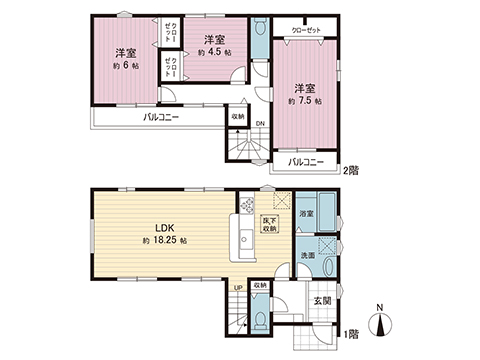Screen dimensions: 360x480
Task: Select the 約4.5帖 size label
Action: click(x=215, y=50)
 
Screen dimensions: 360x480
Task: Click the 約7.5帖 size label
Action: click(x=303, y=101)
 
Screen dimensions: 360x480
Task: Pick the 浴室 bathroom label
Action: click(x=306, y=214)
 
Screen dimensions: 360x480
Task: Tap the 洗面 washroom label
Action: click(x=308, y=255)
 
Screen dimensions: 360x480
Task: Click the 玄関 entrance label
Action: click(x=322, y=300)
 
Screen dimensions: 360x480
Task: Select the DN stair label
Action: click(x=260, y=124)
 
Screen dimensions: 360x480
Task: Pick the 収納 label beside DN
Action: click(x=237, y=116)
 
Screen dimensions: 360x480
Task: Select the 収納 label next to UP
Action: click(x=259, y=286)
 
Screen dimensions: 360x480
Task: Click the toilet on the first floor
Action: click(x=259, y=319)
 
